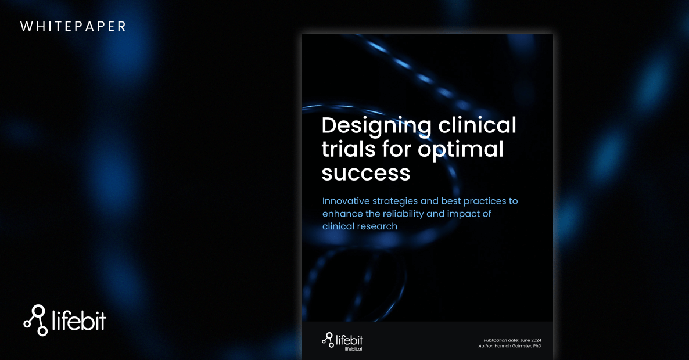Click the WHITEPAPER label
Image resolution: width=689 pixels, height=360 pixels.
point(73,26)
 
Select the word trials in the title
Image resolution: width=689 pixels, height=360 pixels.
point(349,149)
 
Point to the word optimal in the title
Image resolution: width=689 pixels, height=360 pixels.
point(461,150)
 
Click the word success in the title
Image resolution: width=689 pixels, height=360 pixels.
point(366,173)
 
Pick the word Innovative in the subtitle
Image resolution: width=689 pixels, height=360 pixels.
point(346,201)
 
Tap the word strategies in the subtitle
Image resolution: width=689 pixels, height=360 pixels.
point(395,202)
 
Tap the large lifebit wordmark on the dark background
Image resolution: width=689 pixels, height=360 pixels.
point(79,321)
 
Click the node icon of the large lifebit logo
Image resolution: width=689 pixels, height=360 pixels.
point(35,320)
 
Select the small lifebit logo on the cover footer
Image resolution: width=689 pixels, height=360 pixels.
point(342,340)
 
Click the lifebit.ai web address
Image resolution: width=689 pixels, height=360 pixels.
point(353,349)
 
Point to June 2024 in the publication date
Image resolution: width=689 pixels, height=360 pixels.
point(530,340)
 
